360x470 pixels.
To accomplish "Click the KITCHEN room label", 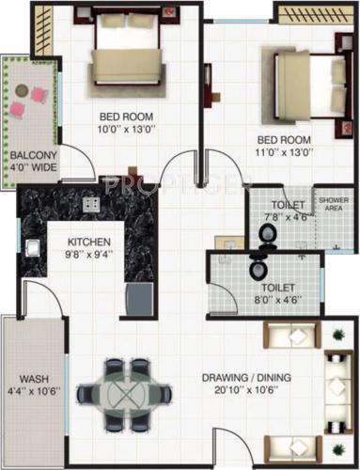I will [x=88, y=240].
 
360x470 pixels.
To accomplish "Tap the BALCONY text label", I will [x=33, y=156].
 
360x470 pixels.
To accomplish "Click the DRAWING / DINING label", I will [x=246, y=379].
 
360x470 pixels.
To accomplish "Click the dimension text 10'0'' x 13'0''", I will [x=127, y=132].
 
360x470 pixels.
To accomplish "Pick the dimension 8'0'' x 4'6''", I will [x=277, y=302].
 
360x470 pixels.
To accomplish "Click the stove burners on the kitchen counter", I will [x=91, y=204].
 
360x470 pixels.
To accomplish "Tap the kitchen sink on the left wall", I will [x=30, y=248].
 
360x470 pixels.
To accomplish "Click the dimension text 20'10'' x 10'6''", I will [x=246, y=393].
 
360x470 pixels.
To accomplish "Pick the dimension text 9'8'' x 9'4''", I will [x=88, y=254].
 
